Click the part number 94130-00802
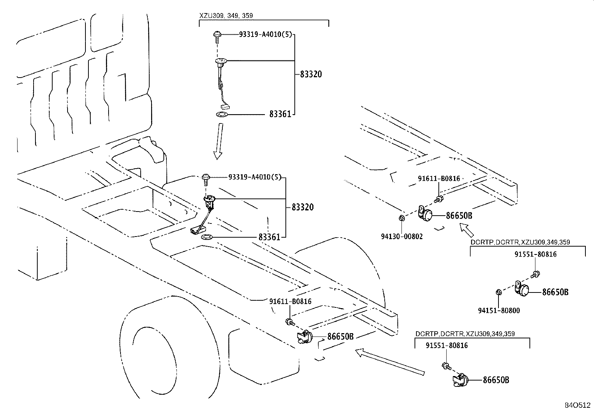[x=402, y=236]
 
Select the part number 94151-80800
[x=499, y=310]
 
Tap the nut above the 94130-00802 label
[x=402, y=218]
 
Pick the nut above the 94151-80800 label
[x=498, y=292]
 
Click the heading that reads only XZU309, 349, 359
[x=226, y=16]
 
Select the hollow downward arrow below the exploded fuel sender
[x=219, y=141]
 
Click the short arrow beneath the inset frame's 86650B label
[x=466, y=230]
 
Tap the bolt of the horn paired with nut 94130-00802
[x=439, y=199]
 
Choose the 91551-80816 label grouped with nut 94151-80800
[x=536, y=254]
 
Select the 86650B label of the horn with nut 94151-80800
[x=555, y=292]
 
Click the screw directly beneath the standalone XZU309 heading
[x=217, y=38]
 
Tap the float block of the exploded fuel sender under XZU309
[x=225, y=107]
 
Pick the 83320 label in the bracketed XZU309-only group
[x=311, y=74]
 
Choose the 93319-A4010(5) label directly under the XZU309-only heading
[x=265, y=34]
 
